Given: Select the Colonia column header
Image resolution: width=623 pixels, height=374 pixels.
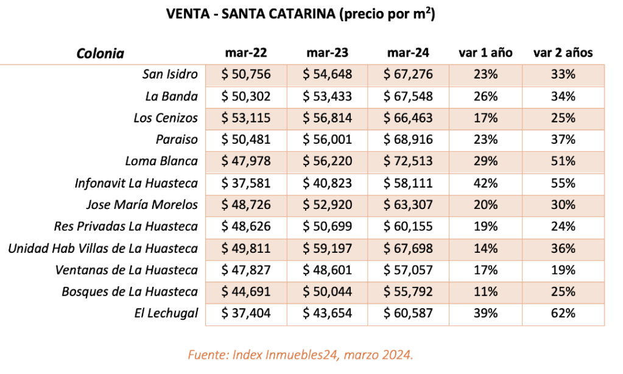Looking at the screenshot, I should point(100,53).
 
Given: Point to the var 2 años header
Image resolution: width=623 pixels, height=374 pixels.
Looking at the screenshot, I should point(563,53).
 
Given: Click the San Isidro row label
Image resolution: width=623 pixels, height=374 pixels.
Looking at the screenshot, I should point(170,74).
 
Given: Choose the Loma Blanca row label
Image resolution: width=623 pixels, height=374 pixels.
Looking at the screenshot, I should point(161,161).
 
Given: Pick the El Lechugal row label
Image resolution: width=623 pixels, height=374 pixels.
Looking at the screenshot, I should point(166,313).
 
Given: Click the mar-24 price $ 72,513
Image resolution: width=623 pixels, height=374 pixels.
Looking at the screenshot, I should point(408,161).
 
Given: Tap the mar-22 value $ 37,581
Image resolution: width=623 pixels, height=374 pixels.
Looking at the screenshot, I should point(245,183).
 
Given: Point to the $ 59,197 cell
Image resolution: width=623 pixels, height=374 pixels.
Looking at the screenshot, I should point(327,249).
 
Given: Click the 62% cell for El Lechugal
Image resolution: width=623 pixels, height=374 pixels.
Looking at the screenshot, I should point(563,313).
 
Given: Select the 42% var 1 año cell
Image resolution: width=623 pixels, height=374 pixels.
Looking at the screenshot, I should point(485,183).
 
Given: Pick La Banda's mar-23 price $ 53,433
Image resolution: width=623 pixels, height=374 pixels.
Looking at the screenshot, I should point(327,96).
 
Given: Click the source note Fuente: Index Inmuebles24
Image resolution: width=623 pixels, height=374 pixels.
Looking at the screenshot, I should point(300,355).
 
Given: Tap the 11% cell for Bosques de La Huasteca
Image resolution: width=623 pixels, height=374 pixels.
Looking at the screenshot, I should point(485,292).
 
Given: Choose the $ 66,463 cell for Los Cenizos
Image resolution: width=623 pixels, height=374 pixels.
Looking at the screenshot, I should point(408,118).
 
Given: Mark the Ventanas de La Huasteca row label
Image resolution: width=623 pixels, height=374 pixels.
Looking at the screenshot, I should point(126,270).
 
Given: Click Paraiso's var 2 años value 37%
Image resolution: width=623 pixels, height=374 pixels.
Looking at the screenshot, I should point(563,139).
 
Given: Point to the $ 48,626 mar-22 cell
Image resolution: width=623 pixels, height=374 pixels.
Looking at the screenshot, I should point(245,227).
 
